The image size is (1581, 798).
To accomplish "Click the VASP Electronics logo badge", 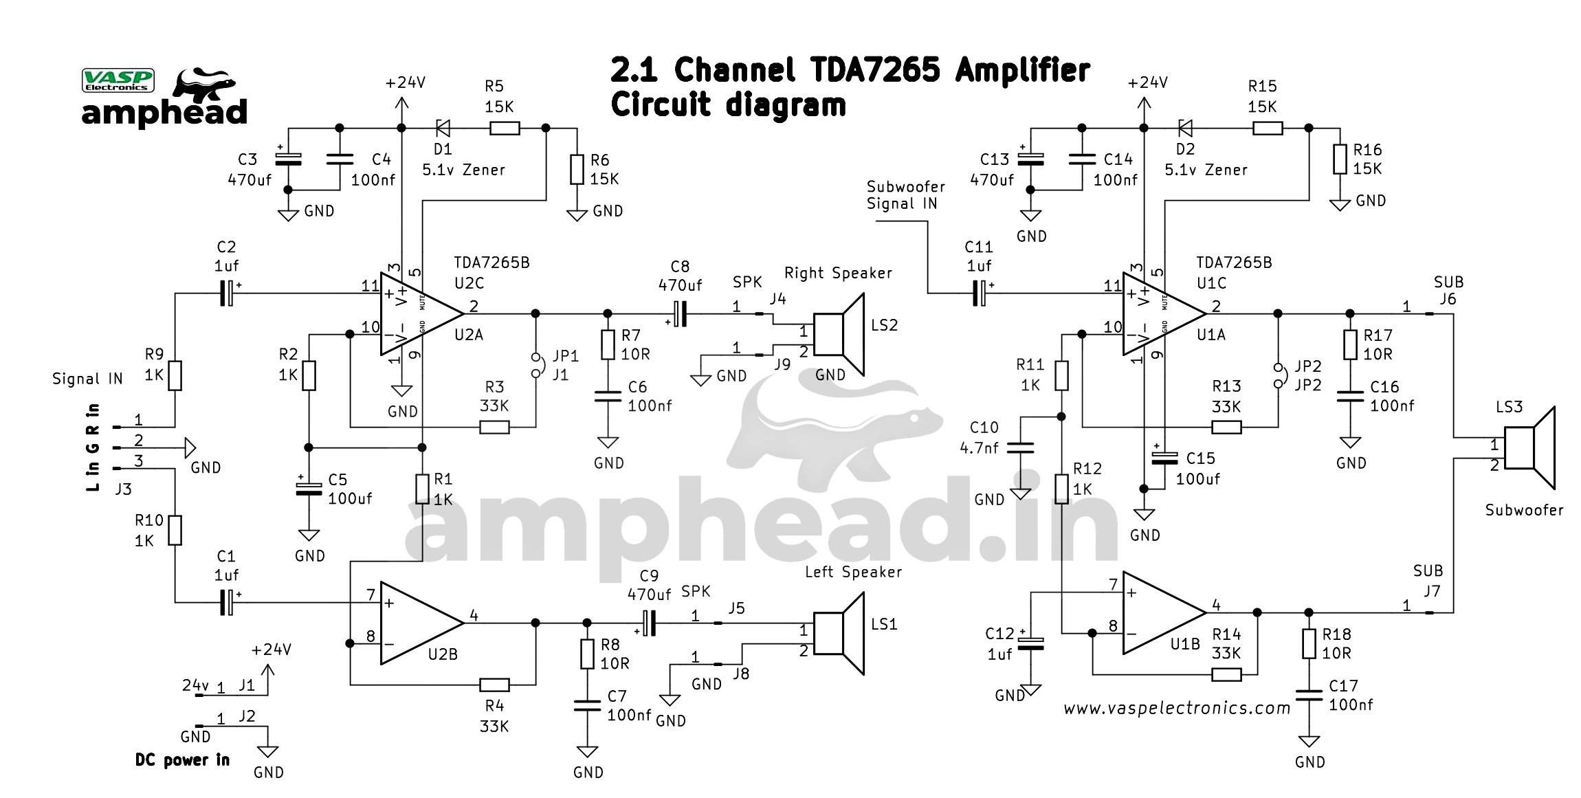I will click(118, 80).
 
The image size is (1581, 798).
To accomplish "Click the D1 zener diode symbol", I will click(443, 128).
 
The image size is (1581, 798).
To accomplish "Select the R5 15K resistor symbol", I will click(505, 128).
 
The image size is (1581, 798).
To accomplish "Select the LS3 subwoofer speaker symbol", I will click(1529, 448).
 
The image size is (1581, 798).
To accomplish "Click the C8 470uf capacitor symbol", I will click(680, 314).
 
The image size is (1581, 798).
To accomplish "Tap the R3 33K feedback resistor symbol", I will click(494, 428).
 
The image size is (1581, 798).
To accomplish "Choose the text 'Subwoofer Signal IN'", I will click(905, 195).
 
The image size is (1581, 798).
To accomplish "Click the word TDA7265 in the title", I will click(874, 70).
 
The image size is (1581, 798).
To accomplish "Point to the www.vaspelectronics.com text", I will click(1176, 708).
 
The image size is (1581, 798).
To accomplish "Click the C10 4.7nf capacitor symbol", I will click(1020, 448).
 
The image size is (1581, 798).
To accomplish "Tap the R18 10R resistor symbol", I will click(1309, 644).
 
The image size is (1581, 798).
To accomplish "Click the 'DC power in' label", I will click(182, 760).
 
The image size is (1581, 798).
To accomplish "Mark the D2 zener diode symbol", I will click(1185, 128).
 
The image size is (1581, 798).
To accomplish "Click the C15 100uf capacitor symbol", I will click(1164, 458).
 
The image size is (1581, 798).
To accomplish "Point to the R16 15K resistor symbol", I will click(1340, 159).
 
